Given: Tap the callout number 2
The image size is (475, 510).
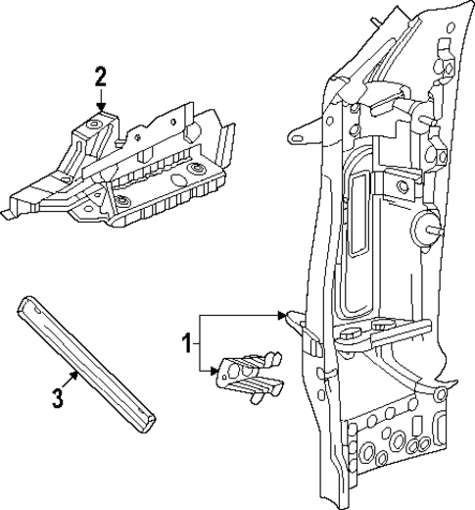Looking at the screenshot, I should pos(99,76).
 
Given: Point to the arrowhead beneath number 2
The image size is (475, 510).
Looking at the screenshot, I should pos(100,108).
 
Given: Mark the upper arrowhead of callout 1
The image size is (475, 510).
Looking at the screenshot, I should pos(281,316).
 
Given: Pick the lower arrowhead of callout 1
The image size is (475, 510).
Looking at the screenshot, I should pos(216,371).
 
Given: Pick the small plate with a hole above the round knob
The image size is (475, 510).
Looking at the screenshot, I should pos(401,182).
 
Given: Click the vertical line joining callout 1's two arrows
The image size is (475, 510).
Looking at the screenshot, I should pos(200,343).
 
